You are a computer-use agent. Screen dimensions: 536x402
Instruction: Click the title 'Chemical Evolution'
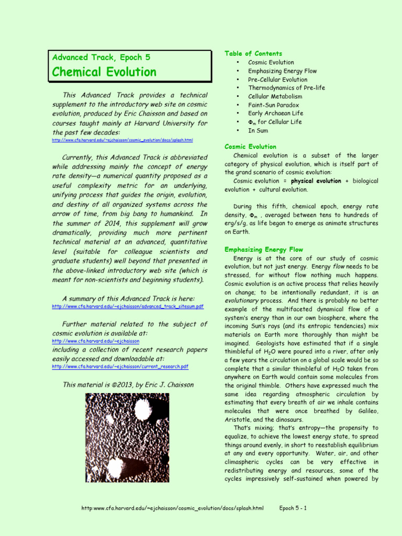coord(103,72)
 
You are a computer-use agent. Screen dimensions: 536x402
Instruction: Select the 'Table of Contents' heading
coord(253,53)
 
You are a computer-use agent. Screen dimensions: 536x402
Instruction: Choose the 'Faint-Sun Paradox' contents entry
coord(273,105)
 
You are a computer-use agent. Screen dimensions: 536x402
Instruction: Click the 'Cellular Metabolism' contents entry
coord(275,96)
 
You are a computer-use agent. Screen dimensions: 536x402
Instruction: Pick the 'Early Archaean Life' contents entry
coord(275,113)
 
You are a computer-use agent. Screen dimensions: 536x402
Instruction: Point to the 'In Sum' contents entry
coord(258,130)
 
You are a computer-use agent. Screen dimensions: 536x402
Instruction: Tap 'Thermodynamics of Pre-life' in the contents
coord(286,88)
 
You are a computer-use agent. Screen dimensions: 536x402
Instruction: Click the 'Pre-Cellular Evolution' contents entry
coord(277,80)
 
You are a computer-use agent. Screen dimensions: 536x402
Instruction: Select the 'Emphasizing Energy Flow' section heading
coord(263,249)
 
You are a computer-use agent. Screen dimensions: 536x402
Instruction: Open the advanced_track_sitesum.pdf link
coord(128,306)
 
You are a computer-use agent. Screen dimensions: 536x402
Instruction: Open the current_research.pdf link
coord(120,367)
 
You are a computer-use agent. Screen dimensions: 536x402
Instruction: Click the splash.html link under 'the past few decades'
coord(122,140)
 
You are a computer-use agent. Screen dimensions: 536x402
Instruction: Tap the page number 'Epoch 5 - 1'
coord(293,508)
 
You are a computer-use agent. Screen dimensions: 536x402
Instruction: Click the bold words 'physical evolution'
coord(316,181)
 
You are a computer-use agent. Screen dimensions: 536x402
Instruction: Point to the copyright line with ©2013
coord(128,385)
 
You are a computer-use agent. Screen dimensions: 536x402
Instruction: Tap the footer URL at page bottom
coord(173,508)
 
